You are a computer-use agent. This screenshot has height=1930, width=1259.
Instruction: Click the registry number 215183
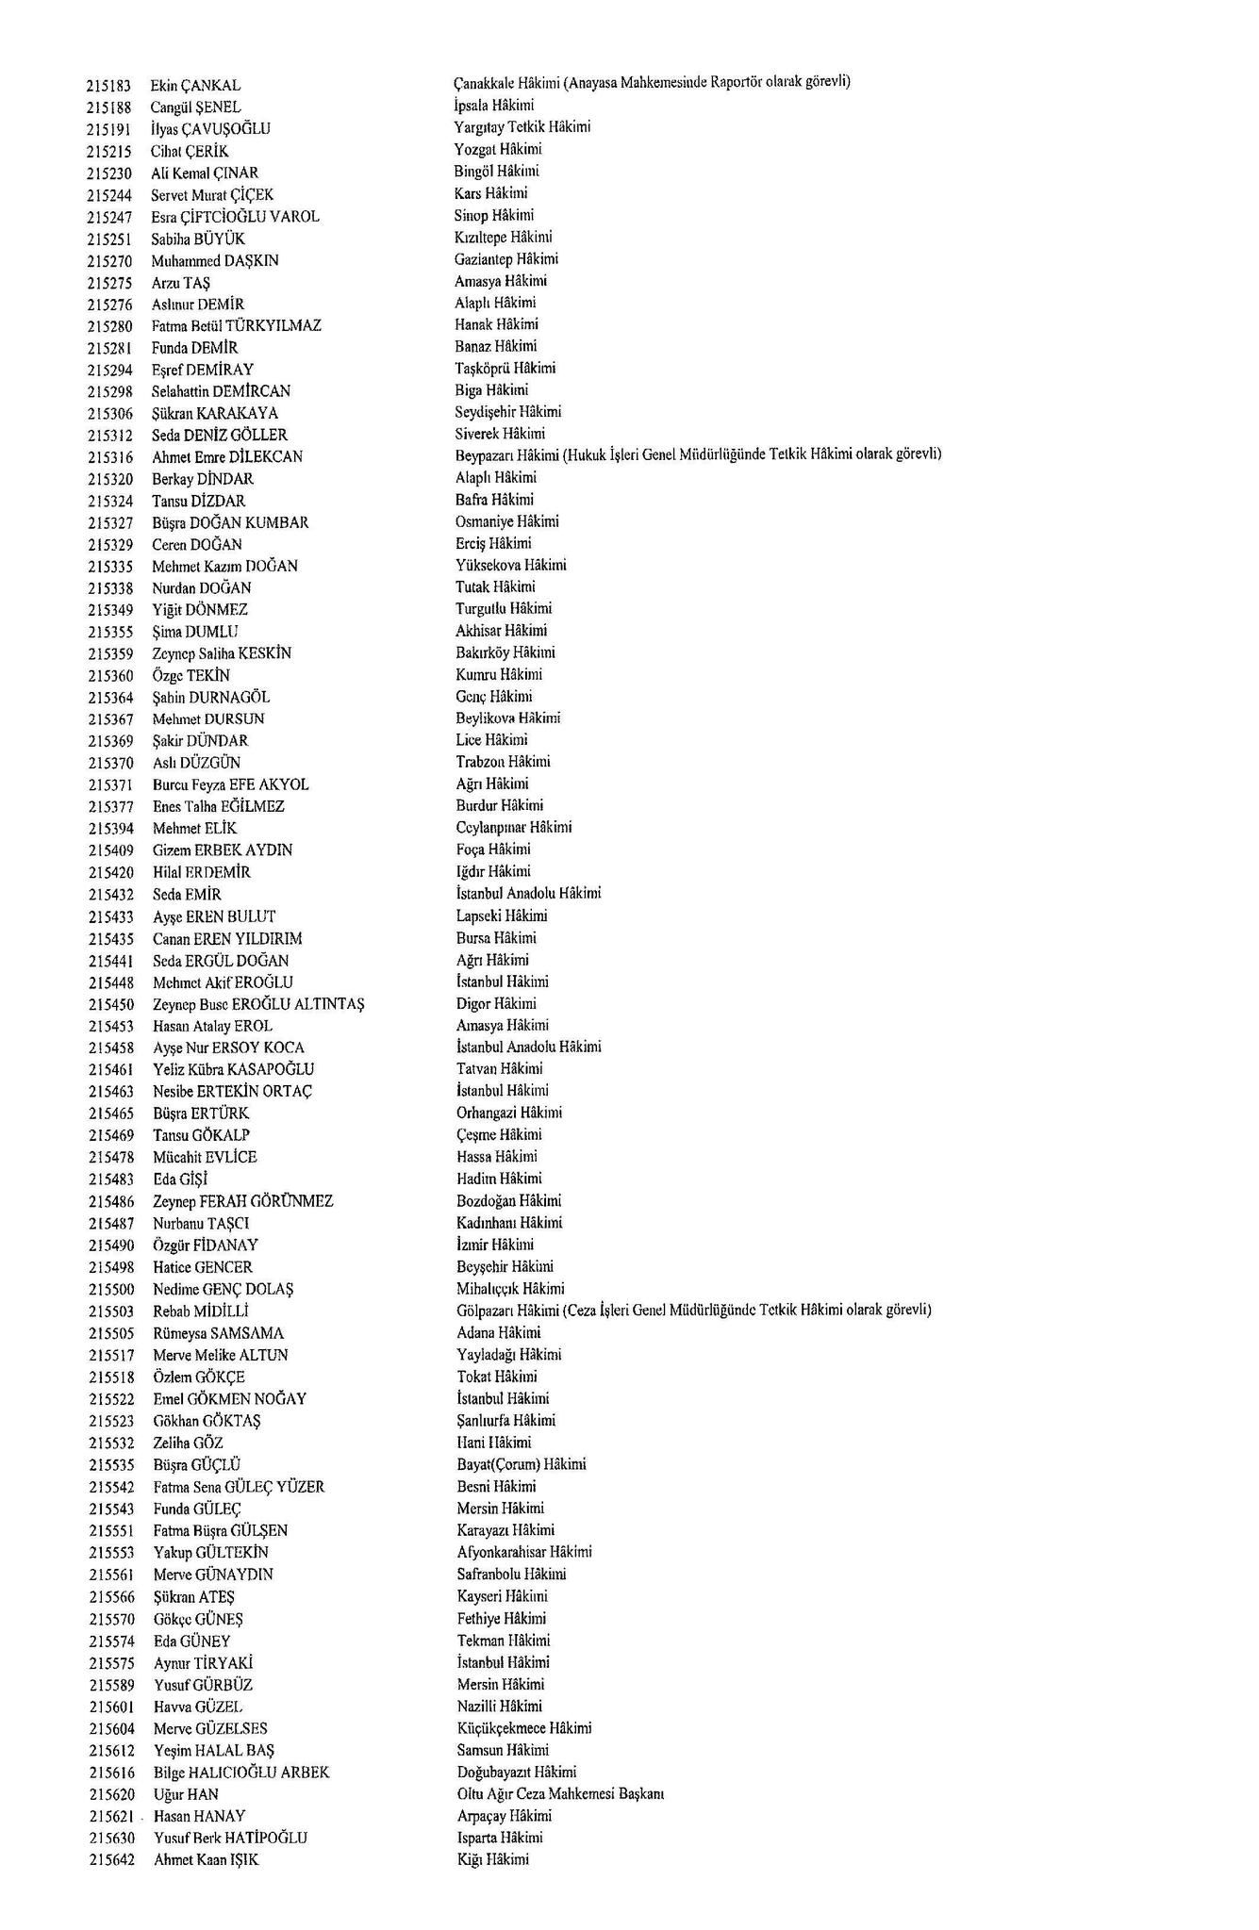click(x=108, y=86)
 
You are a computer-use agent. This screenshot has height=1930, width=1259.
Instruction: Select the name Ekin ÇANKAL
click(x=195, y=86)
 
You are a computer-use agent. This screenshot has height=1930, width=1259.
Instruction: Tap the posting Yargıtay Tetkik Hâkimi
click(x=522, y=127)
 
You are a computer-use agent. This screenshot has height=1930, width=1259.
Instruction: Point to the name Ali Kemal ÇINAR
click(x=205, y=173)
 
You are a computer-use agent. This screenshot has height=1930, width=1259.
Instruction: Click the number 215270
click(x=109, y=261)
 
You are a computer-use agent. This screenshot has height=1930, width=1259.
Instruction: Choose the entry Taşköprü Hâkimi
click(x=505, y=369)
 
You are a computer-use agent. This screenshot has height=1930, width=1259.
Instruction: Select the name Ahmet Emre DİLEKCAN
click(x=227, y=457)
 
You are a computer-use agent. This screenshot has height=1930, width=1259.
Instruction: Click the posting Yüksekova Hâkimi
click(x=511, y=566)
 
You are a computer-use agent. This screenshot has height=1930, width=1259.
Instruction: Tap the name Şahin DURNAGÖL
click(x=211, y=698)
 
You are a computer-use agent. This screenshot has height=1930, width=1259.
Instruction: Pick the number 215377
click(x=110, y=807)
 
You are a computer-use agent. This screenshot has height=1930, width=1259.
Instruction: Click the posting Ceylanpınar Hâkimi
click(x=514, y=828)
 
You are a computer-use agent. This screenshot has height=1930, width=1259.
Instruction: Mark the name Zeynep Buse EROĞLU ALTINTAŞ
click(x=258, y=1004)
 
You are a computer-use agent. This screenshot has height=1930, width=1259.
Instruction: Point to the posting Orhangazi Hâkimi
click(x=509, y=1113)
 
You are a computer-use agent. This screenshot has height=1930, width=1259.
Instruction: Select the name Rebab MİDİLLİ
click(x=201, y=1311)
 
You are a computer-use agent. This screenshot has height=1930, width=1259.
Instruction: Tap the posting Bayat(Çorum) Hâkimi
click(x=522, y=1465)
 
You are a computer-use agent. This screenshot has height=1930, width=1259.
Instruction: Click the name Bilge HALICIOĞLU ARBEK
click(x=241, y=1773)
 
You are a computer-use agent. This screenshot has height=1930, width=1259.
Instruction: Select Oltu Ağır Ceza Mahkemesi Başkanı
click(x=561, y=1794)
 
